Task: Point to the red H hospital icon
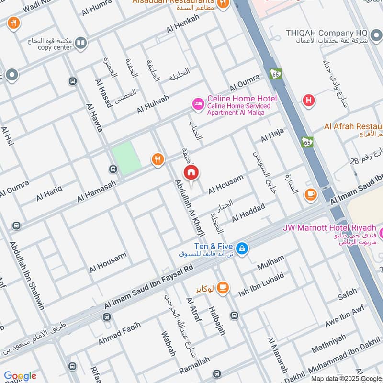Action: pos(309,100)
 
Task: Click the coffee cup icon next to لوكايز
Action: pos(222,287)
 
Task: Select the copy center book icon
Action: pos(81,43)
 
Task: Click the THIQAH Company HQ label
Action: pos(327,33)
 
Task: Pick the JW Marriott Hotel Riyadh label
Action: pos(331,227)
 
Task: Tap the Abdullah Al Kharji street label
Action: pos(190,207)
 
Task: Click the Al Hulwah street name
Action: pos(153,104)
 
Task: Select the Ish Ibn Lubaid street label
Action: pos(261,283)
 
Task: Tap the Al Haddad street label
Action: pos(248,212)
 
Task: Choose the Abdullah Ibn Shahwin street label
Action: pos(27,275)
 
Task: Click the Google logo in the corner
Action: pos(20,376)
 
